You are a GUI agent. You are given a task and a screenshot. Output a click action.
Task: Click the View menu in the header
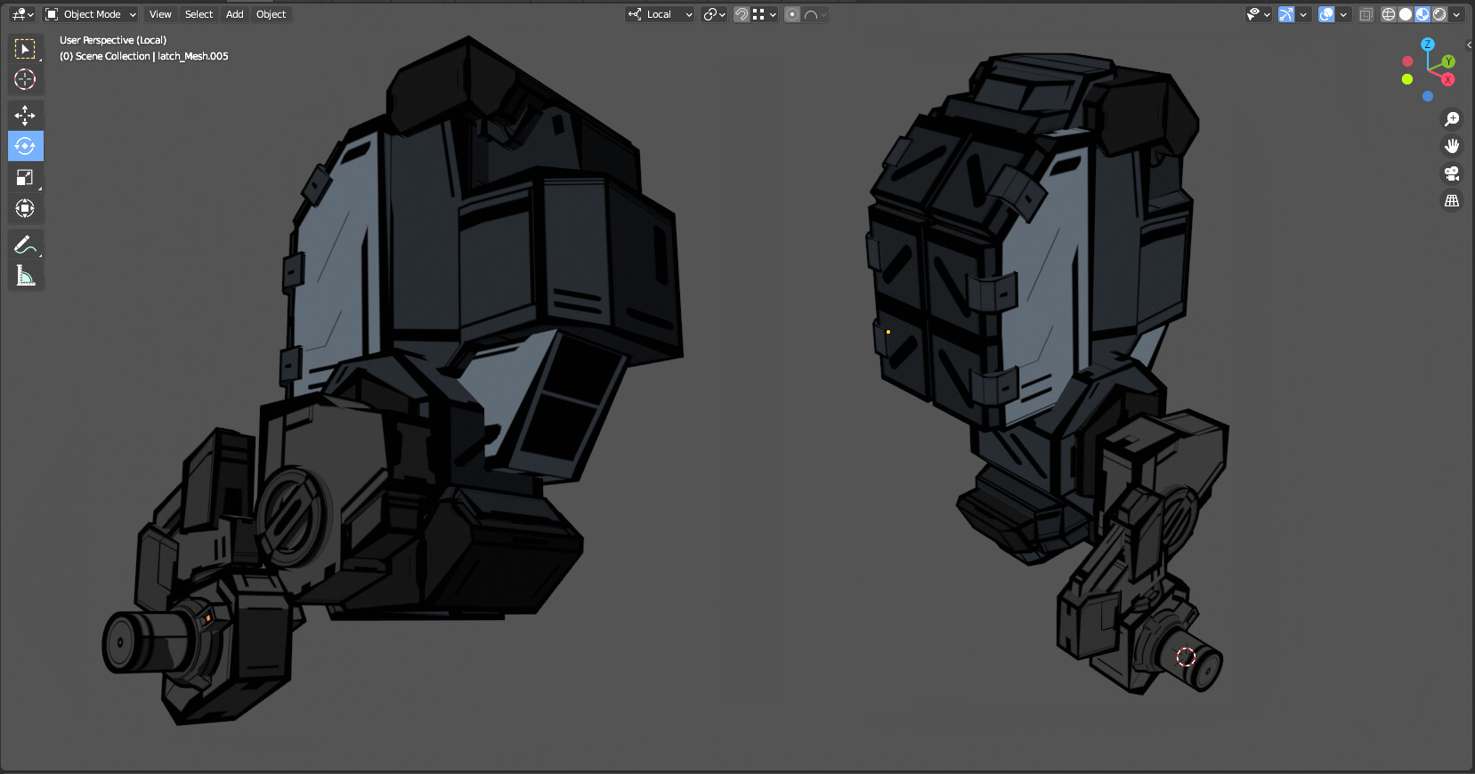160,14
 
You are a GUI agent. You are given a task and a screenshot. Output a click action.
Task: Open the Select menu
199,14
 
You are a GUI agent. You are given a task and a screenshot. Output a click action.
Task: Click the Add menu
235,14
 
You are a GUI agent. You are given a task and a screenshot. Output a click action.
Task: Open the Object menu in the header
271,14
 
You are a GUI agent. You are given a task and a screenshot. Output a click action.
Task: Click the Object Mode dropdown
91,14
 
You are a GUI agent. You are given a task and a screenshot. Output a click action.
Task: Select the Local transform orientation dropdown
660,14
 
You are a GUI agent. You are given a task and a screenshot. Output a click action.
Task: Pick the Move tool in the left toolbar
25,115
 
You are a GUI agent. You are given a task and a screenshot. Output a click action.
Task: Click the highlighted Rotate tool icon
25,146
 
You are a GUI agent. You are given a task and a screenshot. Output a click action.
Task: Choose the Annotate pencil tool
25,245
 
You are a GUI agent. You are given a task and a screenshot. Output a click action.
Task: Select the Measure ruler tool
25,276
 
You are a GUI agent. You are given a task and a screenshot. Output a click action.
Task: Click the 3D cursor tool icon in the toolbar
25,79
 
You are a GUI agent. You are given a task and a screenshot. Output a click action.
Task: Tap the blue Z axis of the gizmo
1427,44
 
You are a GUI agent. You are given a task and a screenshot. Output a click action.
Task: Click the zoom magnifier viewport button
1452,119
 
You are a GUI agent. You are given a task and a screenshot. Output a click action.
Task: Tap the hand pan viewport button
1452,146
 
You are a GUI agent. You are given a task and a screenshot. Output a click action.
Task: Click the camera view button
1452,173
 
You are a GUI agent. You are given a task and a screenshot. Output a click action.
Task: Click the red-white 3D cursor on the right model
1186,657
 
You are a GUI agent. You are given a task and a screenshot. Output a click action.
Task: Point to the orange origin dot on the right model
888,332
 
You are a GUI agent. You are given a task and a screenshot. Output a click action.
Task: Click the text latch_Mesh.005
193,56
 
